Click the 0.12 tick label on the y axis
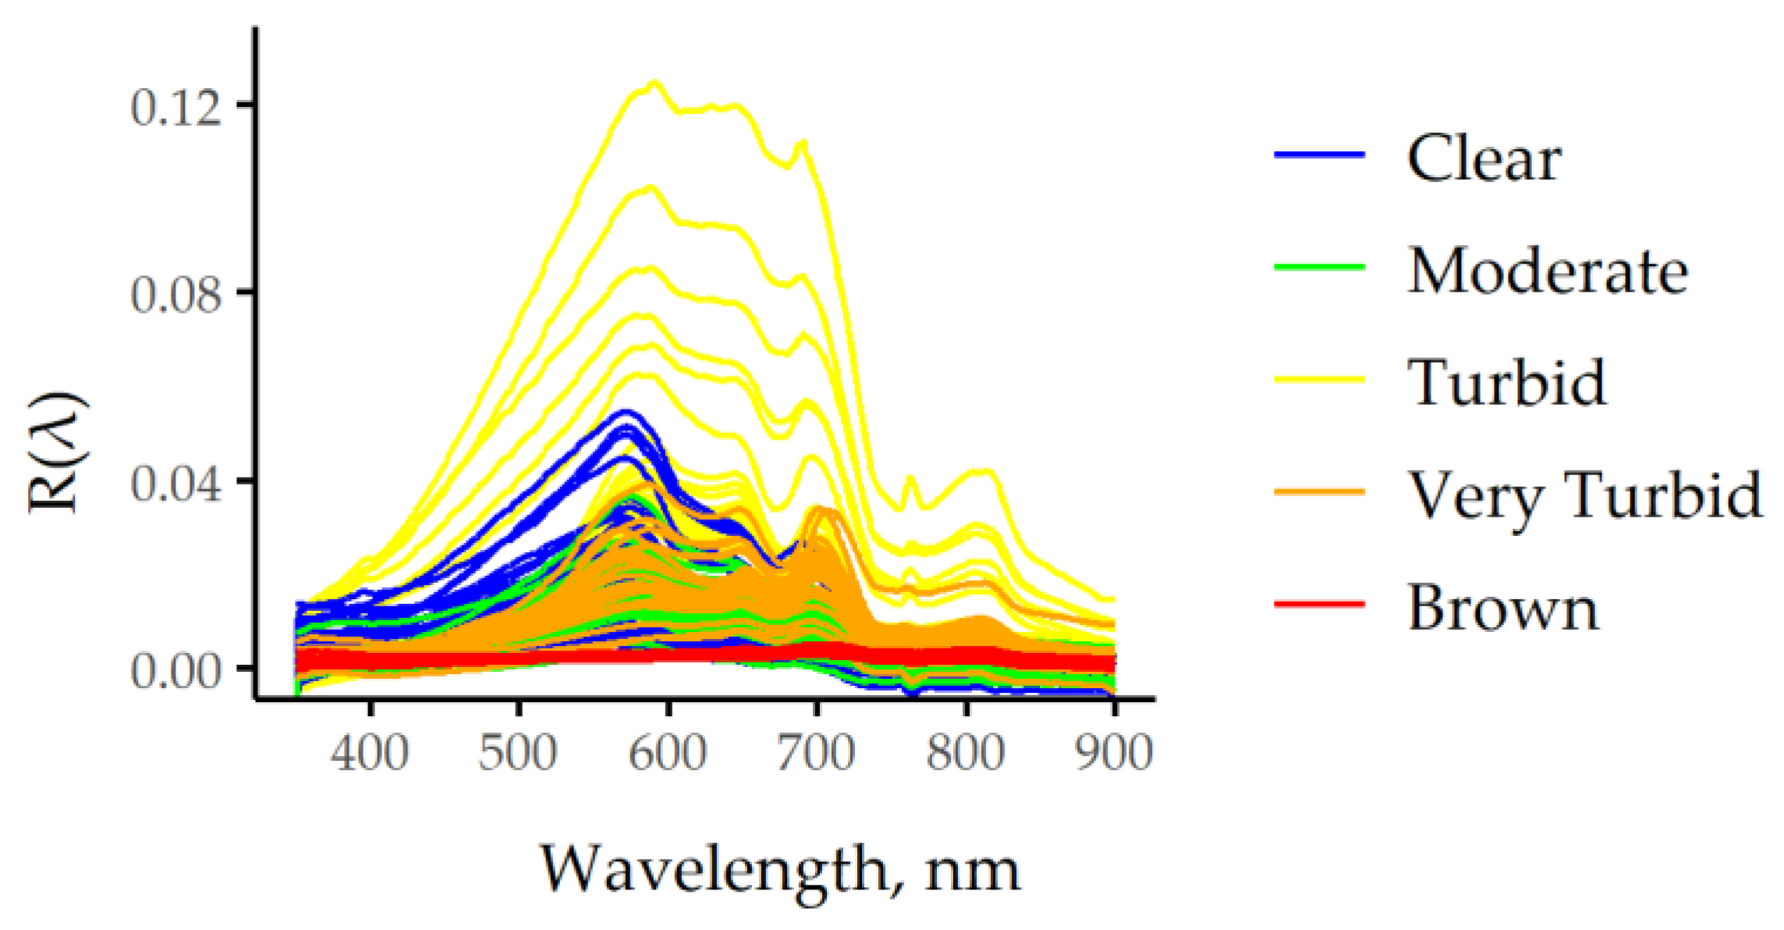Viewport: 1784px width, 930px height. click(x=176, y=107)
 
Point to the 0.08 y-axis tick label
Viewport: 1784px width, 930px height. click(x=176, y=296)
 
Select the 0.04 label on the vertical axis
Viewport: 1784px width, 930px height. click(x=176, y=484)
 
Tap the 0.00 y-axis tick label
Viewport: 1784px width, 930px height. click(x=176, y=671)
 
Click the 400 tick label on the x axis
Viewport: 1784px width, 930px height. click(x=369, y=753)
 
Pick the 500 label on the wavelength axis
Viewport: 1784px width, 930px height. click(x=518, y=753)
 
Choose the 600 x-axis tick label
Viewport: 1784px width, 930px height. click(x=668, y=753)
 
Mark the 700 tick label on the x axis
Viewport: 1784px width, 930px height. click(x=816, y=753)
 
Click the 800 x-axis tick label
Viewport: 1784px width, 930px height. click(x=966, y=753)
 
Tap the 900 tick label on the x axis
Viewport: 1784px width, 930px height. click(x=1114, y=753)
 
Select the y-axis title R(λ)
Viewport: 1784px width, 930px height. click(x=58, y=453)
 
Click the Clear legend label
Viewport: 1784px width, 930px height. click(x=1484, y=158)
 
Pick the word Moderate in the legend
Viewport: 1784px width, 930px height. click(x=1548, y=271)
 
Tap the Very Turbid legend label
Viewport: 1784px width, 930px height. click(x=1584, y=495)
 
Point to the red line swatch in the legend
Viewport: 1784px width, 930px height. click(x=1319, y=604)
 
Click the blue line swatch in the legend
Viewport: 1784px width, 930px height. click(x=1319, y=154)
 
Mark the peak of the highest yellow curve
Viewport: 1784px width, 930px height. click(x=654, y=83)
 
